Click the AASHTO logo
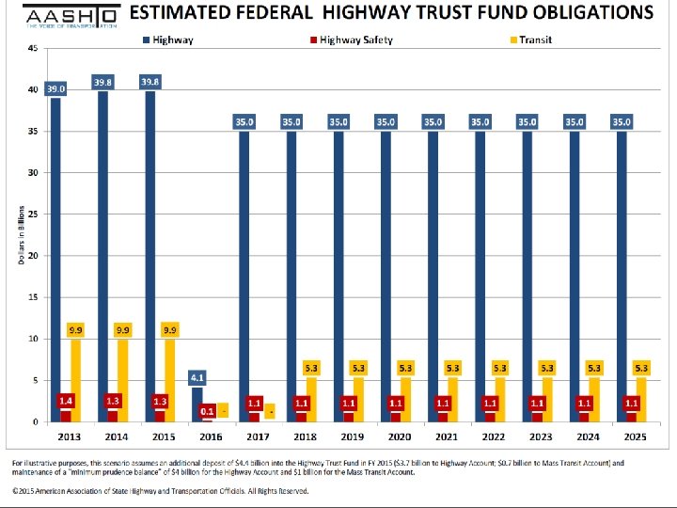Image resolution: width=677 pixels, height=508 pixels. pos(70,18)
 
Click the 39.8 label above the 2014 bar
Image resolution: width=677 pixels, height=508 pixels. pos(103,83)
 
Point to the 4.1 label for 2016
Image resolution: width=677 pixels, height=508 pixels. pos(197,378)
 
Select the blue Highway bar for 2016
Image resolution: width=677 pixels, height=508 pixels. pos(197,404)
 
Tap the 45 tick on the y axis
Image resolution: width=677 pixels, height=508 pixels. pos(33,48)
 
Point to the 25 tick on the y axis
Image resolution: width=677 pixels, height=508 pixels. pos(33,214)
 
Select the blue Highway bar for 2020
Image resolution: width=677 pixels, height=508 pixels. pos(386,273)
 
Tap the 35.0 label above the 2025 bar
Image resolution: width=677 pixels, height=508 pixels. pos(622,121)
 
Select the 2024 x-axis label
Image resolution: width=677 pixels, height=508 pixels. pos(586,437)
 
